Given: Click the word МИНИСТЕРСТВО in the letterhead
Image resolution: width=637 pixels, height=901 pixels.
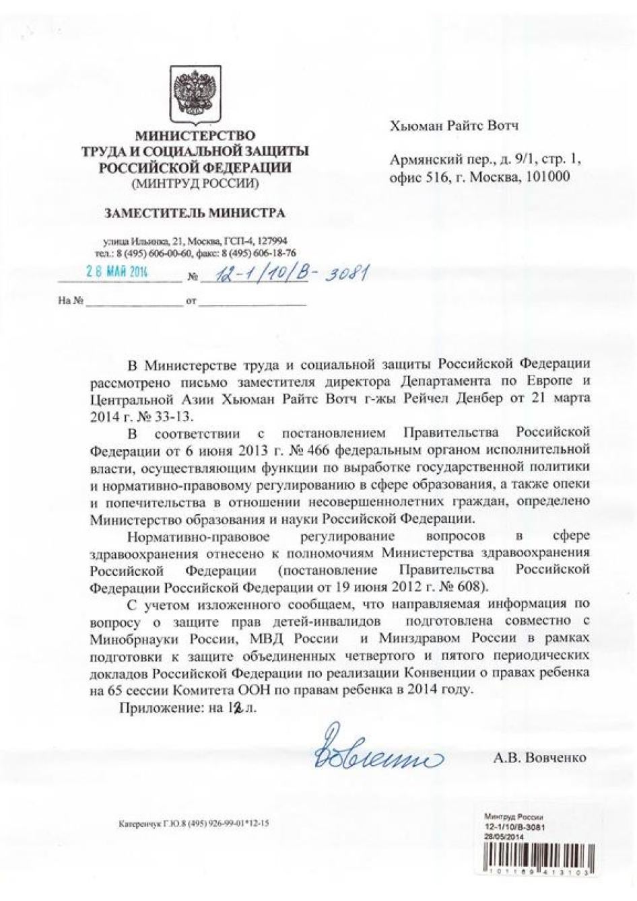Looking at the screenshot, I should pyautogui.click(x=195, y=136).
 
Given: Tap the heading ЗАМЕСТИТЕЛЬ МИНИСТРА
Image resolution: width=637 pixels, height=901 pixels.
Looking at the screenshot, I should pyautogui.click(x=194, y=213).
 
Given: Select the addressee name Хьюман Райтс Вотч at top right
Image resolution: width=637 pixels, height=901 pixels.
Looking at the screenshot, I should pyautogui.click(x=454, y=126).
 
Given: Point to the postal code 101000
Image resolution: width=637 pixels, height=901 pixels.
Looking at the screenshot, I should pyautogui.click(x=547, y=177).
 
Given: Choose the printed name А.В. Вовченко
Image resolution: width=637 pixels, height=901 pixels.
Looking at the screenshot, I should pyautogui.click(x=539, y=758).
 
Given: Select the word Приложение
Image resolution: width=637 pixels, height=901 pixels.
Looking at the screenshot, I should pyautogui.click(x=162, y=707).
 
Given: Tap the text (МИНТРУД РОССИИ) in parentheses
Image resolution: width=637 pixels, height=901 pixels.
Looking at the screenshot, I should pyautogui.click(x=195, y=182).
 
